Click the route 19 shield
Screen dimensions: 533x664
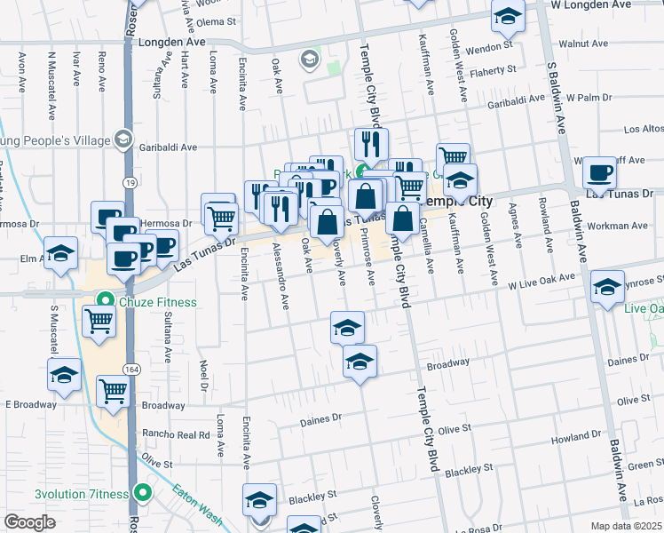pyautogui.click(x=130, y=182)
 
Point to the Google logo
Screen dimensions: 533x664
pyautogui.click(x=29, y=522)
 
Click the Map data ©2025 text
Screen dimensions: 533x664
pyautogui.click(x=627, y=525)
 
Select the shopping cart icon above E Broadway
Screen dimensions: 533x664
pyautogui.click(x=112, y=389)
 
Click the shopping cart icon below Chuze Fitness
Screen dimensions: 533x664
pyautogui.click(x=99, y=321)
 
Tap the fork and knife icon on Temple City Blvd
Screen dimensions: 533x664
pyautogui.click(x=371, y=143)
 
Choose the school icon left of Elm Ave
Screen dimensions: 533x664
pyautogui.click(x=61, y=254)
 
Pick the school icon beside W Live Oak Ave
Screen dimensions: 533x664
pyautogui.click(x=607, y=287)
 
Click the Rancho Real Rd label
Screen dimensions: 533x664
pyautogui.click(x=179, y=434)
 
